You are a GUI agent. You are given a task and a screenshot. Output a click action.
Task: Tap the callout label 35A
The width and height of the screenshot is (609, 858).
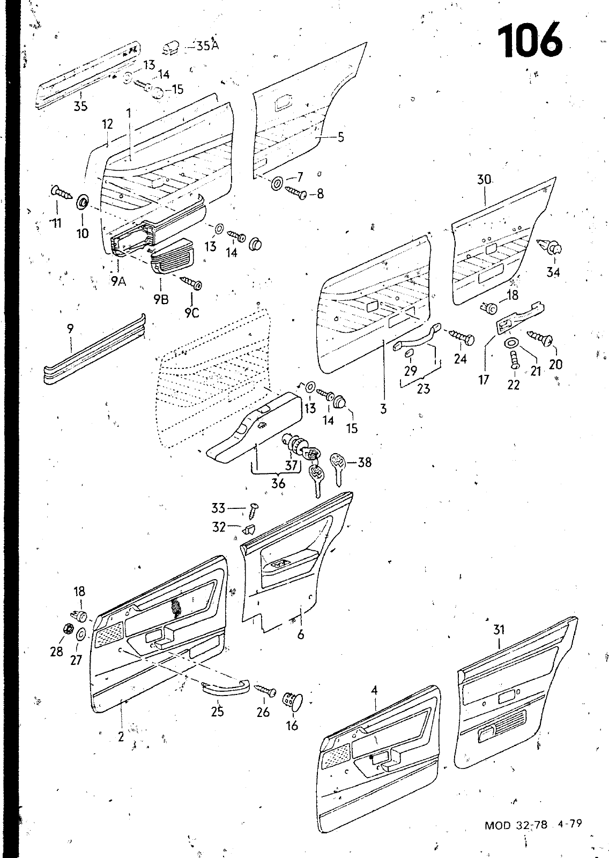207,46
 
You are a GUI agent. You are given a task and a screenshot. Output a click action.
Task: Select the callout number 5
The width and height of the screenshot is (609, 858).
340,137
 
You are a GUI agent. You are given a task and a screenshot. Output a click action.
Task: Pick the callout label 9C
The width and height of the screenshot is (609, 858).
192,313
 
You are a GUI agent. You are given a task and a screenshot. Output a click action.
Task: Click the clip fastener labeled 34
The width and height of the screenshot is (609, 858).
549,246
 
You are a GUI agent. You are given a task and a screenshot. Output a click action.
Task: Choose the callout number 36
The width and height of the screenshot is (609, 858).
278,484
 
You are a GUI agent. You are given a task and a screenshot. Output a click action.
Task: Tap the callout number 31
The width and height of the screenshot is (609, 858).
499,629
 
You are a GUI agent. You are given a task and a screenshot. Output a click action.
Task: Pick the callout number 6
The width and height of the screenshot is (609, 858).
301,635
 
